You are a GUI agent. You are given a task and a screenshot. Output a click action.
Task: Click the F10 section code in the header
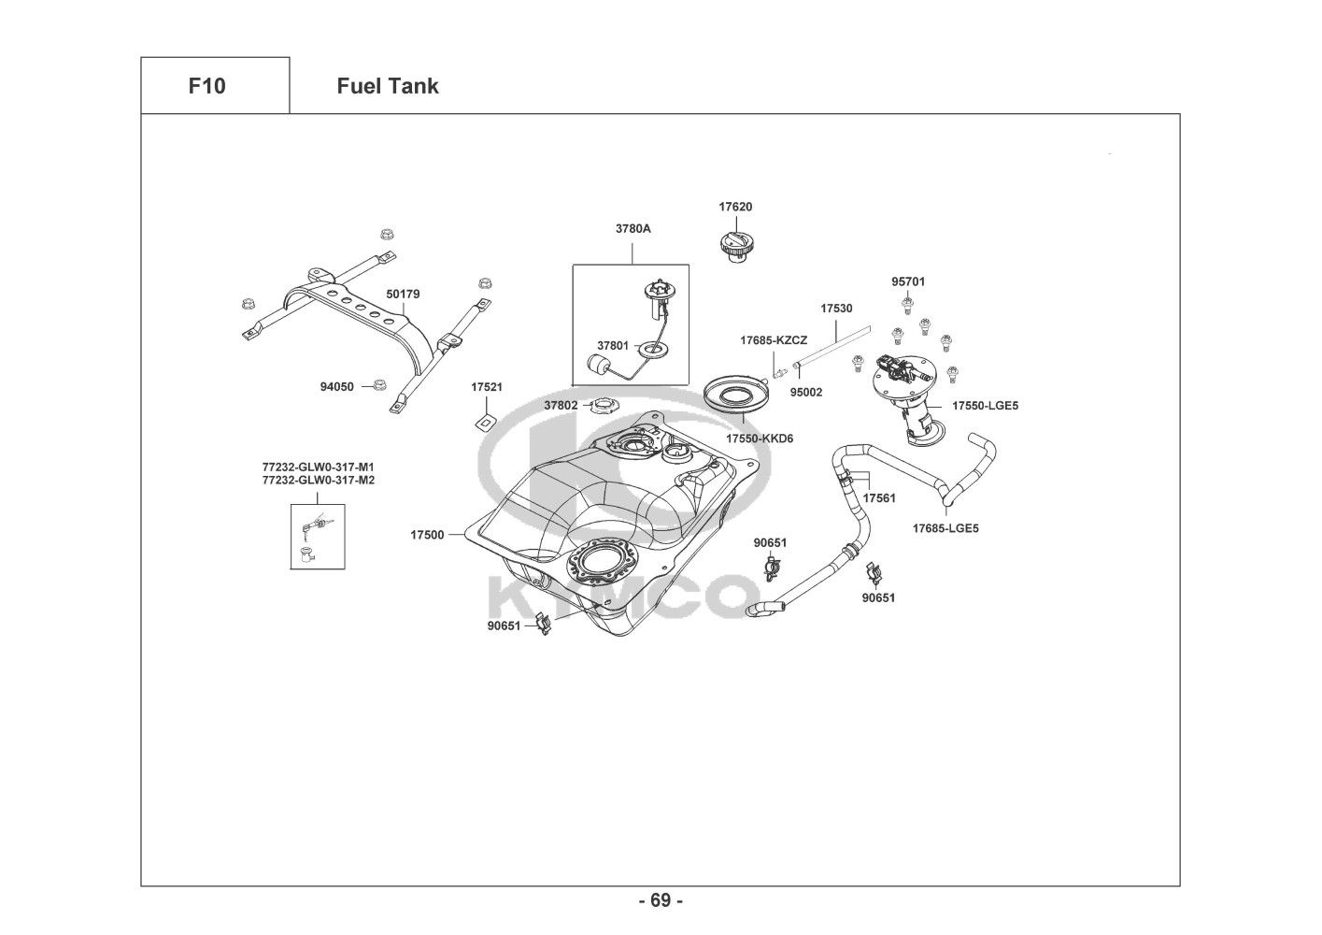point(206,86)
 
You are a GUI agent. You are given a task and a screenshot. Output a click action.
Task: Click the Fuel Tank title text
point(387,86)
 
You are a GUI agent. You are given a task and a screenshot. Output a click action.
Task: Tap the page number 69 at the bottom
point(661,900)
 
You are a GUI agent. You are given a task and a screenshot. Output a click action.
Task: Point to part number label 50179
point(403,294)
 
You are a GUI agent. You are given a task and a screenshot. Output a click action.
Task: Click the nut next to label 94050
point(379,385)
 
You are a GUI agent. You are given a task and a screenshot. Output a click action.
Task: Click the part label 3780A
point(633,228)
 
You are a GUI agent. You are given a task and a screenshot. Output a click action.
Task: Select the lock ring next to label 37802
point(604,406)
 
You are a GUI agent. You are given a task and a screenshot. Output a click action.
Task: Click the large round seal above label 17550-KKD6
point(742,393)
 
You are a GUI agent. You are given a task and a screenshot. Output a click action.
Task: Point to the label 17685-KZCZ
point(774,340)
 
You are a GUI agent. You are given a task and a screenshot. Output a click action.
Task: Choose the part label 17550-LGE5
point(985,406)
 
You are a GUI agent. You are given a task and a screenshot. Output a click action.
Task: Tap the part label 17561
point(878,498)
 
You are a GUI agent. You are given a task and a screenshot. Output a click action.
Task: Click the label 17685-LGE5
point(945,528)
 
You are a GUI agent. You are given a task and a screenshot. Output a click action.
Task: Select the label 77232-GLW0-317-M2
point(318,480)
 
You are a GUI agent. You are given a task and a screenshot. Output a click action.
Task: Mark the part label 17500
point(427,535)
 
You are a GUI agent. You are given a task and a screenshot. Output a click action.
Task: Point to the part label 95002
point(805,393)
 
